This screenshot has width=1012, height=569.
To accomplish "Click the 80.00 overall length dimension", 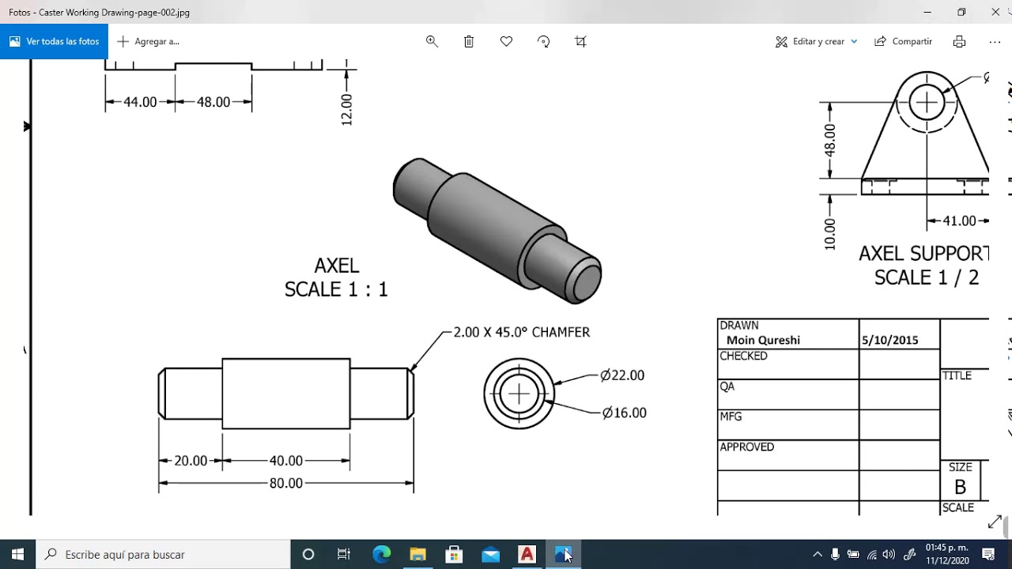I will click(x=285, y=483).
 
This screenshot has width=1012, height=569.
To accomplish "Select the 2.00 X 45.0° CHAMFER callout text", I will click(x=521, y=333).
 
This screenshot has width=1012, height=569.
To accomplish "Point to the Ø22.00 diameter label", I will click(x=622, y=375).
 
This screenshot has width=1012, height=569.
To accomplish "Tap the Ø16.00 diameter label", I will click(x=624, y=413).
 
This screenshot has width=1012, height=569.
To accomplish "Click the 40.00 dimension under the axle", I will click(x=285, y=461).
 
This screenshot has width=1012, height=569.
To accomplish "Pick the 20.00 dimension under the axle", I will click(x=191, y=461).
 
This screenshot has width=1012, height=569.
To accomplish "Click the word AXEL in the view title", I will click(x=336, y=266).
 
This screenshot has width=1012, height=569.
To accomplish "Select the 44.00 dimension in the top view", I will click(x=140, y=102).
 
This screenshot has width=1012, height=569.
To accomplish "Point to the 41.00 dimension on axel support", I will click(x=959, y=221).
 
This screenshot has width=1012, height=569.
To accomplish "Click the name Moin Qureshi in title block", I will click(x=763, y=341).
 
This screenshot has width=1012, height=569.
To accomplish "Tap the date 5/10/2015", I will click(x=889, y=341).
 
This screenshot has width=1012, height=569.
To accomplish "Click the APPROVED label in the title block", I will click(x=746, y=447).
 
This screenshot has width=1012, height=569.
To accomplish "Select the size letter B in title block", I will click(x=960, y=487).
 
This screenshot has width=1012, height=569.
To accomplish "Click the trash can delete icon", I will click(x=469, y=42).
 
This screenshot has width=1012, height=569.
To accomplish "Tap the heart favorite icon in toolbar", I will click(x=506, y=42).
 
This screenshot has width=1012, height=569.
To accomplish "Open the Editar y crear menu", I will click(x=816, y=42).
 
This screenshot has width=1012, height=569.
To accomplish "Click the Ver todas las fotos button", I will click(x=54, y=42).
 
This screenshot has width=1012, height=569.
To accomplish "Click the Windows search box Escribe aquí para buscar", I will click(x=166, y=555).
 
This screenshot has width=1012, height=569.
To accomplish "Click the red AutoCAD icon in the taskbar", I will click(x=527, y=555).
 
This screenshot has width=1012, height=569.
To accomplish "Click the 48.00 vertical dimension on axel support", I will click(x=829, y=141).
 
